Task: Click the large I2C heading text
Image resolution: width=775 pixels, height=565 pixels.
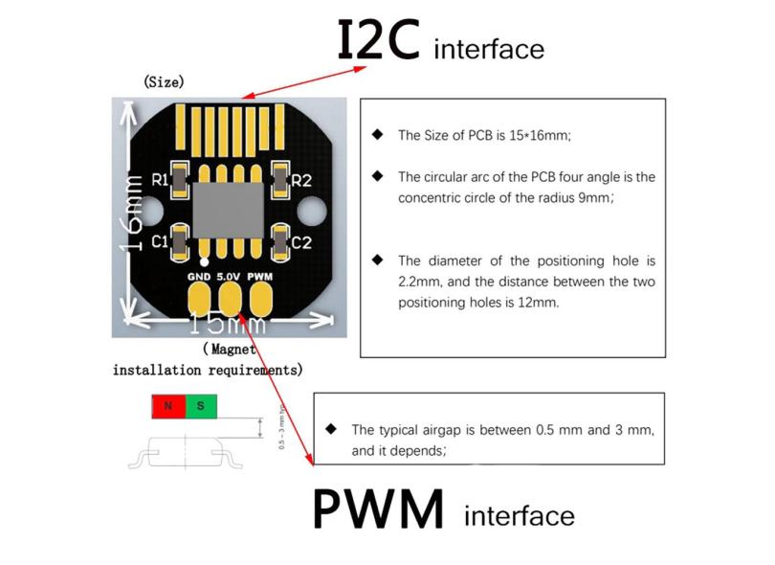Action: pos(380,40)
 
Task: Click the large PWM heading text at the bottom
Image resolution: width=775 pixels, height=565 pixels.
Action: pos(380,509)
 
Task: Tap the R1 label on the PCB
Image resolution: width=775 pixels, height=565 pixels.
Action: pos(159,179)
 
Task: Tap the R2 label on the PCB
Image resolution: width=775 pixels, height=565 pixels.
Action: pos(301,180)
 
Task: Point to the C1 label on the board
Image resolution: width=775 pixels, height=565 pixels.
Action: pos(159,242)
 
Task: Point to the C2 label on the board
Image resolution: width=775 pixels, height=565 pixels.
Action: pos(301,242)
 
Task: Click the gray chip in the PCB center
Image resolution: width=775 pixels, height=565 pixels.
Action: pos(229,210)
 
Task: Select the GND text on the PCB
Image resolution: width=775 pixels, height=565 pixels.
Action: pos(199,277)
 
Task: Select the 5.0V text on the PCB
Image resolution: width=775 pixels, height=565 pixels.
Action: pos(230,277)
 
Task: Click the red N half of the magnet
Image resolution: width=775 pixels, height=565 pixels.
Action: pos(168,406)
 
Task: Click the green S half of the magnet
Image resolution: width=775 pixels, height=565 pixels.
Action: pos(201,406)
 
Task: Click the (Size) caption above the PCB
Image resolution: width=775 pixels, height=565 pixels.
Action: pos(164,82)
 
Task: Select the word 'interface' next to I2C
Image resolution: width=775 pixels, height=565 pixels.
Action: pos(489,49)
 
